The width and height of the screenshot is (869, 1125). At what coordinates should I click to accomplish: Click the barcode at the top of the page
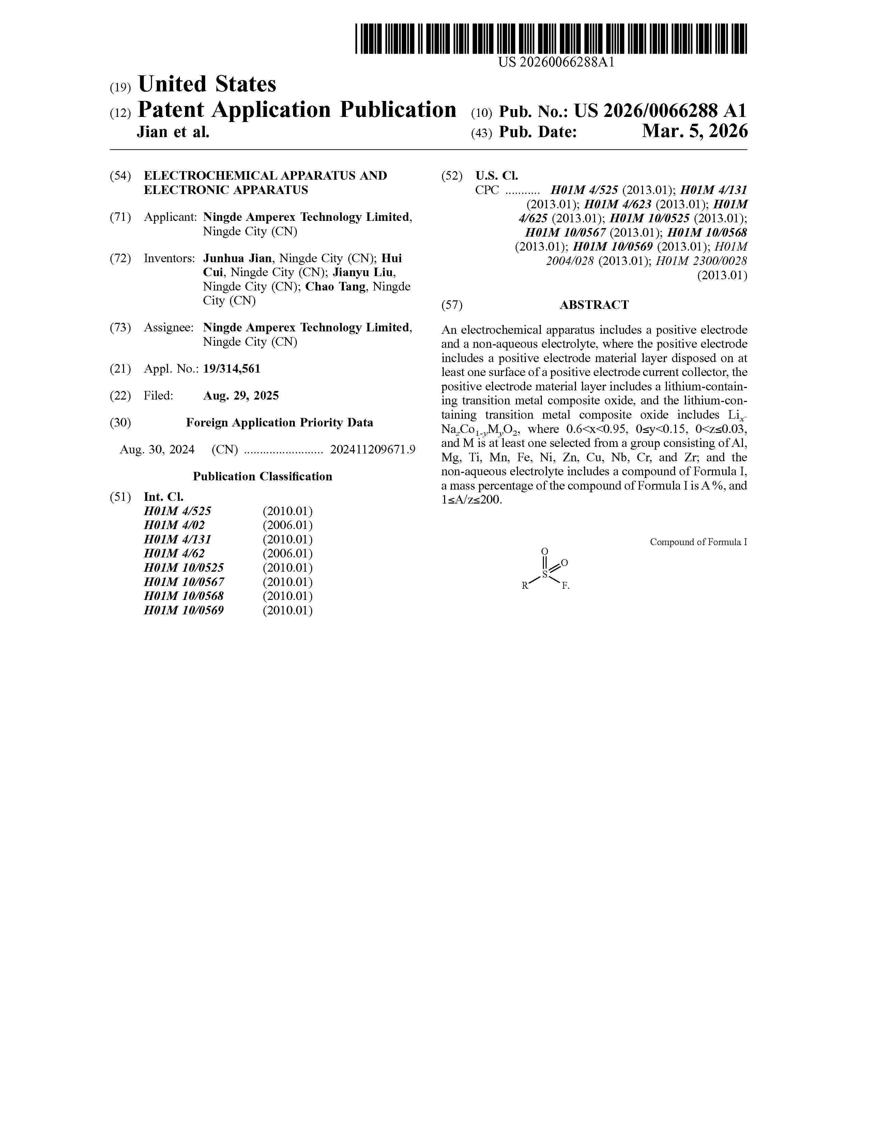pyautogui.click(x=551, y=39)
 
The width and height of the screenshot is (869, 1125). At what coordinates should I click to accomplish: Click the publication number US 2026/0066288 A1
pyautogui.click(x=660, y=110)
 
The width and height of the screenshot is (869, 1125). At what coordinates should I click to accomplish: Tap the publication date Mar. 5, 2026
pyautogui.click(x=695, y=132)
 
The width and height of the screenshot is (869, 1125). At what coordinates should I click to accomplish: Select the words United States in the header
pyautogui.click(x=207, y=84)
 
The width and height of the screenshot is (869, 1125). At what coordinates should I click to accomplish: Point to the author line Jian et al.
pyautogui.click(x=173, y=132)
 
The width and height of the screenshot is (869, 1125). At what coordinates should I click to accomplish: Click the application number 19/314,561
pyautogui.click(x=232, y=369)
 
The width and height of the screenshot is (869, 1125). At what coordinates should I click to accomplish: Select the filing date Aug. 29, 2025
pyautogui.click(x=241, y=395)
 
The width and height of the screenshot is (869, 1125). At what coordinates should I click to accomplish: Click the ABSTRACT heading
pyautogui.click(x=594, y=305)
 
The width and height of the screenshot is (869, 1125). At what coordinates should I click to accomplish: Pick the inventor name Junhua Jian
pyautogui.click(x=237, y=258)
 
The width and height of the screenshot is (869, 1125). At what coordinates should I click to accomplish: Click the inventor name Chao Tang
pyautogui.click(x=335, y=286)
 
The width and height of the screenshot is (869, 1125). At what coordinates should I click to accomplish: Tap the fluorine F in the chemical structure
pyautogui.click(x=565, y=586)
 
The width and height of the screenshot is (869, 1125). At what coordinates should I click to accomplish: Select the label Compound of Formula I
pyautogui.click(x=698, y=542)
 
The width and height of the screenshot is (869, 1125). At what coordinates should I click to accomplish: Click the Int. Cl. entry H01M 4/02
pyautogui.click(x=174, y=525)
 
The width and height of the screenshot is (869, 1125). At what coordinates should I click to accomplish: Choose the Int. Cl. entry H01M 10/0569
pyautogui.click(x=184, y=611)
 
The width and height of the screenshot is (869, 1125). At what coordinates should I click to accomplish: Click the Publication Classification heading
pyautogui.click(x=262, y=477)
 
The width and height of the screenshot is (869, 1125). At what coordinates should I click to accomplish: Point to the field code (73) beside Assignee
pyautogui.click(x=120, y=328)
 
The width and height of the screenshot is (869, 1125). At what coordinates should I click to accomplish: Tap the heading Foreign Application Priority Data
pyautogui.click(x=279, y=423)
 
